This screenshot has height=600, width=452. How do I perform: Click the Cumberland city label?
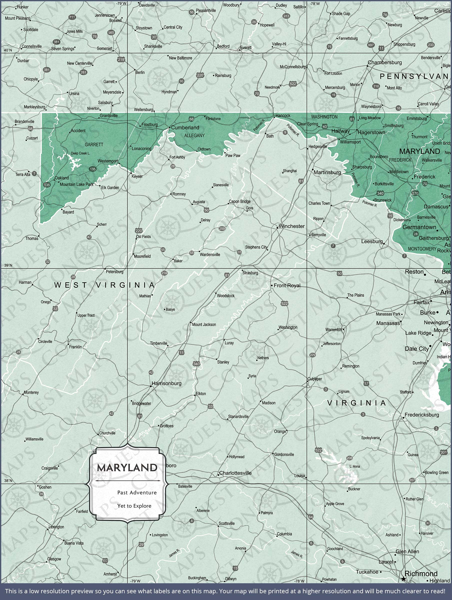tap(185, 127)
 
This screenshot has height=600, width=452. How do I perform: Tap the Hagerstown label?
tap(371, 132)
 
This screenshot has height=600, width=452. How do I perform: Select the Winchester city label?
tap(291, 226)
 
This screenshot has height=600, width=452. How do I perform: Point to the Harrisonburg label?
tap(166, 383)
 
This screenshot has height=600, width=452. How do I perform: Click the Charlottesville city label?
tap(235, 473)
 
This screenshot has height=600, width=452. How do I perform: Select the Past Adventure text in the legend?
tap(137, 492)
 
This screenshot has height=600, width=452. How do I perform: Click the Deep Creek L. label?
tap(80, 153)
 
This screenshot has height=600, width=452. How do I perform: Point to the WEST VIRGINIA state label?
tap(104, 285)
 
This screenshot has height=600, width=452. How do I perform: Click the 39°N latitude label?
tap(8, 265)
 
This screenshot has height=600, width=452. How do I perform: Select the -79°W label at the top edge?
tap(121, 3)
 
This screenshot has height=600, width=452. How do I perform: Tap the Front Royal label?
tap(287, 285)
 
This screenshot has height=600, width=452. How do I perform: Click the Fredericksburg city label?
tap(421, 415)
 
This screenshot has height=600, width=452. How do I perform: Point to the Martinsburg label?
tap(327, 172)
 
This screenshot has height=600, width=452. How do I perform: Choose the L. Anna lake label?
tap(354, 466)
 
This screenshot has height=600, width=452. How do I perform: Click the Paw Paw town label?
tap(233, 155)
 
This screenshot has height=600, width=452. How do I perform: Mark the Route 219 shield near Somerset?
tap(121, 59)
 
